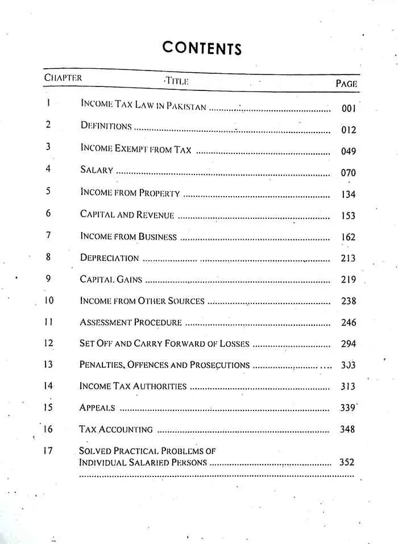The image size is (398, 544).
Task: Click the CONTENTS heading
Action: pos(202,48)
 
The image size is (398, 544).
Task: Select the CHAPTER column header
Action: pos(63,77)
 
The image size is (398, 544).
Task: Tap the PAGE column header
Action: pos(346,84)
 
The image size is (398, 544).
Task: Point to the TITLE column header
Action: pos(176,81)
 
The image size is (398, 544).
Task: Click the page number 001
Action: pos(349,109)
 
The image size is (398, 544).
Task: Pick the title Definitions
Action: pos(106,126)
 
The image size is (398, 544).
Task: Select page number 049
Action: pos(349,151)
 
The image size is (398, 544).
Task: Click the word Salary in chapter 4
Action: pos(97,170)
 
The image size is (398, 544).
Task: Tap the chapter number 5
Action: pos(48,191)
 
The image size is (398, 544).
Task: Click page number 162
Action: pos(349,237)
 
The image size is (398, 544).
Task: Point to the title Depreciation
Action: pos(109,258)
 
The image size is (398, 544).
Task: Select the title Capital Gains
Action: pos(111,279)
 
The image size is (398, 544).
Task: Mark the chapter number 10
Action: pos(49,300)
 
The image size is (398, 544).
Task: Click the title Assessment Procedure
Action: pos(131,322)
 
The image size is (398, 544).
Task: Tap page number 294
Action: pos(349,344)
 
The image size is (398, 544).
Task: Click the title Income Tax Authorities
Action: pos(133,387)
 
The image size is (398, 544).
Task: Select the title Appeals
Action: pos(97,408)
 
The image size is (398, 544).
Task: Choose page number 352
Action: pos(347,462)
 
